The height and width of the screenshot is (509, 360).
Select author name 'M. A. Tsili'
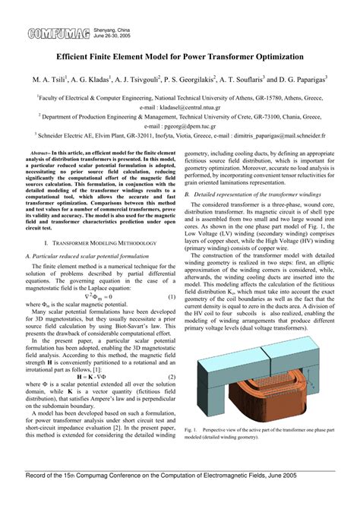(51, 78)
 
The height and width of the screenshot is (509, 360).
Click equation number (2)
(172, 355)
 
